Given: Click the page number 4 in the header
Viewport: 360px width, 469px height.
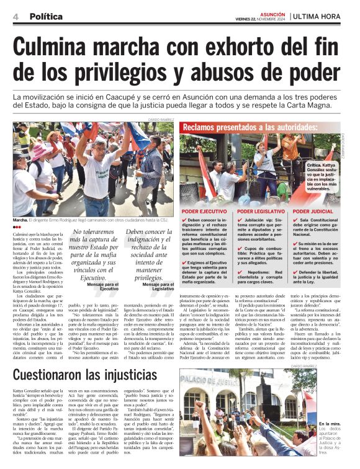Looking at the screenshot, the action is (x=15, y=17).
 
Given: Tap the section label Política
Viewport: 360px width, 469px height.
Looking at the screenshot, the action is (x=46, y=17).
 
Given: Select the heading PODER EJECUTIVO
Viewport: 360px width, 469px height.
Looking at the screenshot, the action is (x=204, y=212).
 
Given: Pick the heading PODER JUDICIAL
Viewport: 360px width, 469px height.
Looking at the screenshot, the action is (x=313, y=212).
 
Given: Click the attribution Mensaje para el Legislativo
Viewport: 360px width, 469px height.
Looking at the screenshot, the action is (x=158, y=287).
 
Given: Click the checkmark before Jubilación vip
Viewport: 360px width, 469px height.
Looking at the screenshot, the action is (x=240, y=220).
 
